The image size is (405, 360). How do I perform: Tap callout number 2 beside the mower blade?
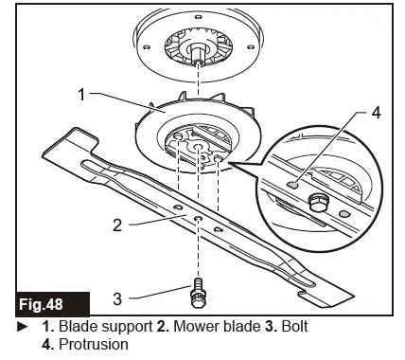tap(116, 226)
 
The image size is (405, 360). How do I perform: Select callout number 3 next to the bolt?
tap(116, 298)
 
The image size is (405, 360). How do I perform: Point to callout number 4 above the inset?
tap(375, 113)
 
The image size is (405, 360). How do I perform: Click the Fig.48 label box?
tap(53, 305)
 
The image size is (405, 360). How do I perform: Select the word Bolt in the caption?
tap(291, 327)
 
